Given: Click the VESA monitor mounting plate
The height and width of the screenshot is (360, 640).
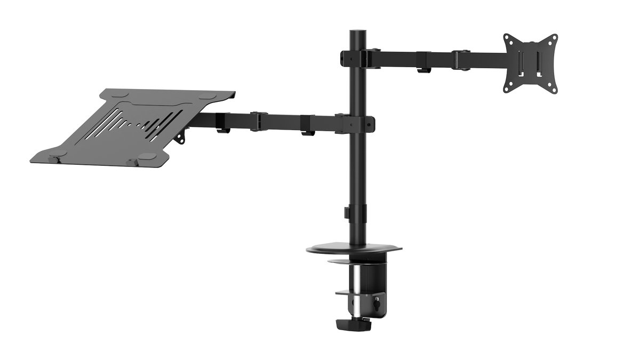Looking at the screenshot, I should coord(531,63).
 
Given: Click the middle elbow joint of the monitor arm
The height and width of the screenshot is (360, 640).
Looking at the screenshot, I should coord(461,59).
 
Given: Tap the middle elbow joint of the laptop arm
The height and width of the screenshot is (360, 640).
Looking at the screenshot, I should coord(259,121).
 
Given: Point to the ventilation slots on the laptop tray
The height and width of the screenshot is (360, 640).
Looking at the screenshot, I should coord(133,125).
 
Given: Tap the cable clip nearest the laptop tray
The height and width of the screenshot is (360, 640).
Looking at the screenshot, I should coord(223,130).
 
